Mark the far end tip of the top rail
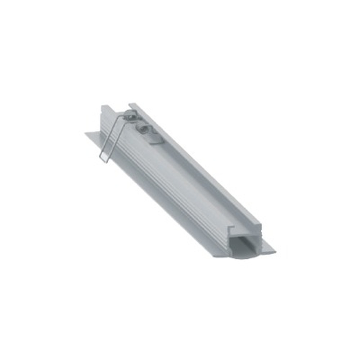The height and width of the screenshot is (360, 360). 132,105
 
